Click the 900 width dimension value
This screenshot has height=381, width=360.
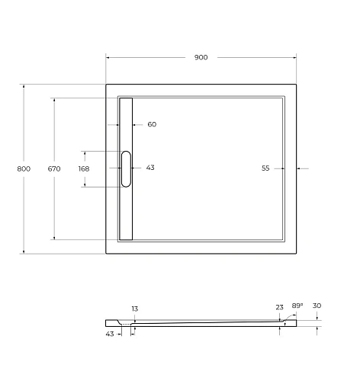[201, 57]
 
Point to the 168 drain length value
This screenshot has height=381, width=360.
[83, 168]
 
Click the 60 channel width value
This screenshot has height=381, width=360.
[152, 124]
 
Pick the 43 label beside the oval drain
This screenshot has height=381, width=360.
[150, 168]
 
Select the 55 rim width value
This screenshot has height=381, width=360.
[266, 168]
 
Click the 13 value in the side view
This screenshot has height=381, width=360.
[134, 309]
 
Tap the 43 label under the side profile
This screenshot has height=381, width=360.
[110, 334]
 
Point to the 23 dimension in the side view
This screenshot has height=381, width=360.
[279, 308]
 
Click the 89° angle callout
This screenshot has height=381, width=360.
[297, 306]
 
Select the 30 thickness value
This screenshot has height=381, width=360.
[317, 306]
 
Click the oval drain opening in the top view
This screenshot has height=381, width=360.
[126, 168]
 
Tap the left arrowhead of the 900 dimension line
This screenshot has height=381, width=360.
[108, 57]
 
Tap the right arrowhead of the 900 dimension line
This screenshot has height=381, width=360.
[294, 57]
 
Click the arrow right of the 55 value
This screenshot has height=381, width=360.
[301, 168]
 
